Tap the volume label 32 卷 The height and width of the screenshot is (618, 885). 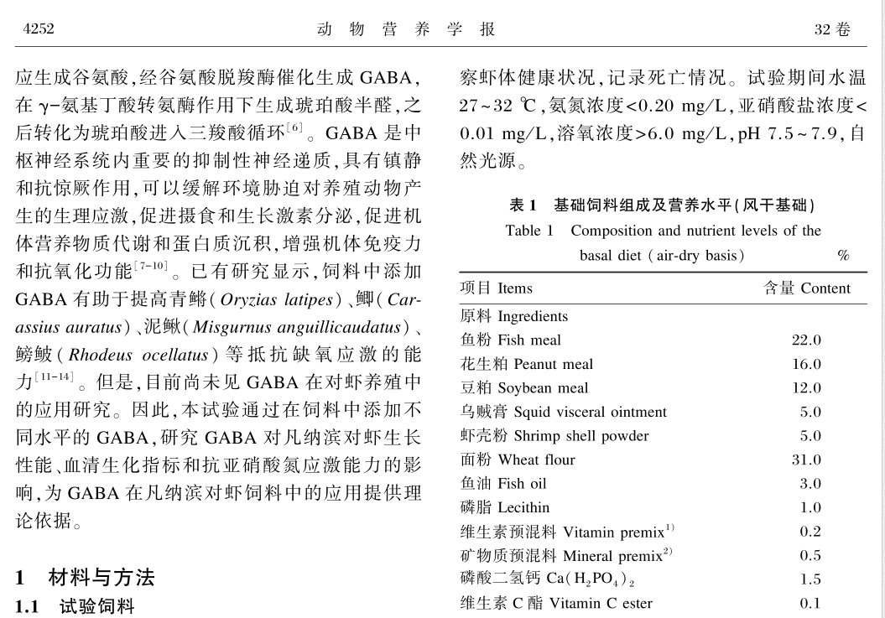(831, 30)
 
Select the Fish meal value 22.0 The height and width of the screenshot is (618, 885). (806, 340)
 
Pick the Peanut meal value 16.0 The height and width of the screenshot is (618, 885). (806, 364)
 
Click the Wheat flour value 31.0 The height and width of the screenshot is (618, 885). (806, 460)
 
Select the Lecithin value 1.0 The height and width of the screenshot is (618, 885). (810, 507)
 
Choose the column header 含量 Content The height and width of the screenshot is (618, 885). (806, 288)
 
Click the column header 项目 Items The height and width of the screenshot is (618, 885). (496, 288)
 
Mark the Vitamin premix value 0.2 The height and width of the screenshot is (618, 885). (810, 532)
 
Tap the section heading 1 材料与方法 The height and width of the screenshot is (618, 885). (85, 578)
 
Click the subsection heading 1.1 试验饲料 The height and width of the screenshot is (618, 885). (75, 606)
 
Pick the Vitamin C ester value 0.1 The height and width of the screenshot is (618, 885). (810, 603)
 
